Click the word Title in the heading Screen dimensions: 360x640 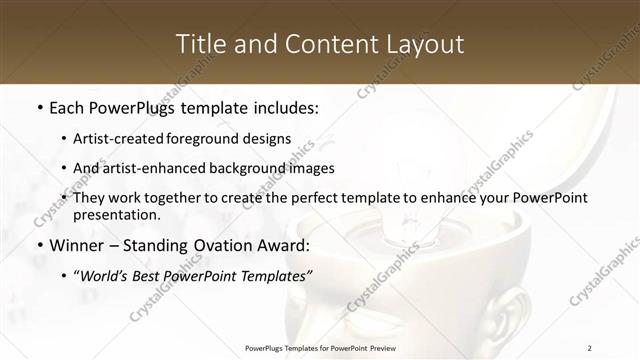198,44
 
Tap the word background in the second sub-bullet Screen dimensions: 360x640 257,168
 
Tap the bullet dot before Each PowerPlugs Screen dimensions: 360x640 38,106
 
